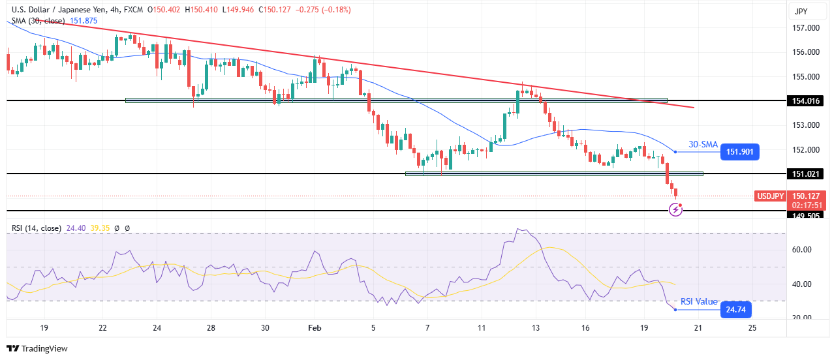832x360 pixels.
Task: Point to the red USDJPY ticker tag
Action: (770, 196)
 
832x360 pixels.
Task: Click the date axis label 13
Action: (536, 328)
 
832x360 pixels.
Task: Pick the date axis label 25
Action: (752, 328)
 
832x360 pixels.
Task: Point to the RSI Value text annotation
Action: (699, 302)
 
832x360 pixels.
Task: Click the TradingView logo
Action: (37, 349)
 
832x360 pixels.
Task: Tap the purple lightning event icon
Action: (675, 210)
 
